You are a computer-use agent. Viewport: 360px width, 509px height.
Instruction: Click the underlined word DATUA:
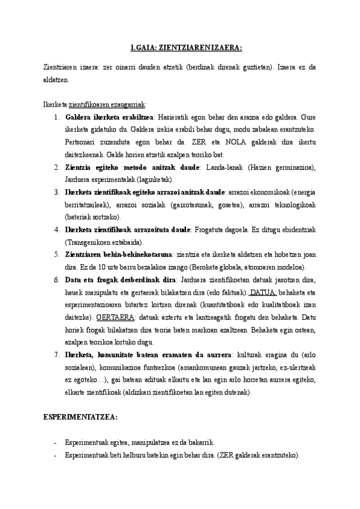[x=263, y=292]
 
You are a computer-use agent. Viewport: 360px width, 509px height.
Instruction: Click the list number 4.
[x=56, y=229]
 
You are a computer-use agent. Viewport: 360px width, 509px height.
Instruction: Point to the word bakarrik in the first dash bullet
[x=201, y=442]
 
